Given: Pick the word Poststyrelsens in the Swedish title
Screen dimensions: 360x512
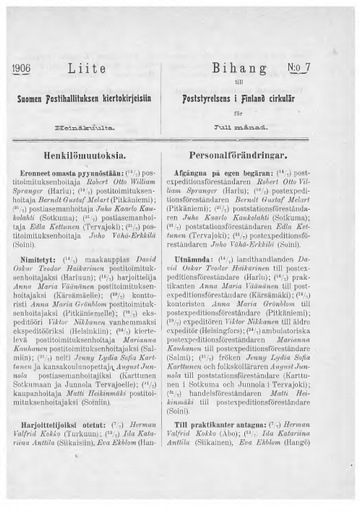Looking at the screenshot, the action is (225, 101).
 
